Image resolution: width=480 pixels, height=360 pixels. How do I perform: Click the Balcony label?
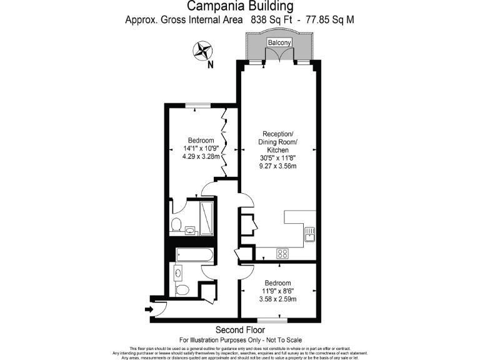[279, 42]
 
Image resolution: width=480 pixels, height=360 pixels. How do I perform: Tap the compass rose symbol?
[202, 51]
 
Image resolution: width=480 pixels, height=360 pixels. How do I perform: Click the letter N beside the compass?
[211, 64]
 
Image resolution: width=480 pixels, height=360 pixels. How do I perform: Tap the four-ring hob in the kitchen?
[282, 253]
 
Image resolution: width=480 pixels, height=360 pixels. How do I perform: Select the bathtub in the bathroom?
[194, 254]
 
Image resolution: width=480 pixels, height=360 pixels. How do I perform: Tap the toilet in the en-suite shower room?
[176, 224]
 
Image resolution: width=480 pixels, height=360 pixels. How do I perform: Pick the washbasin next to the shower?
[190, 230]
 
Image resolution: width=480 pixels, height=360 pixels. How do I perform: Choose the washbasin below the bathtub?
[178, 272]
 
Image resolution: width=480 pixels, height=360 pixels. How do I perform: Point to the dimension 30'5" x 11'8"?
[277, 158]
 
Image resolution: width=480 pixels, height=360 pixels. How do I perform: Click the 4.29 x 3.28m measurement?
[201, 156]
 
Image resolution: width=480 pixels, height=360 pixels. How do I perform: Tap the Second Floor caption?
[240, 329]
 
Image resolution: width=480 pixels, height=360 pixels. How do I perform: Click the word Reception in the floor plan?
[278, 134]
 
